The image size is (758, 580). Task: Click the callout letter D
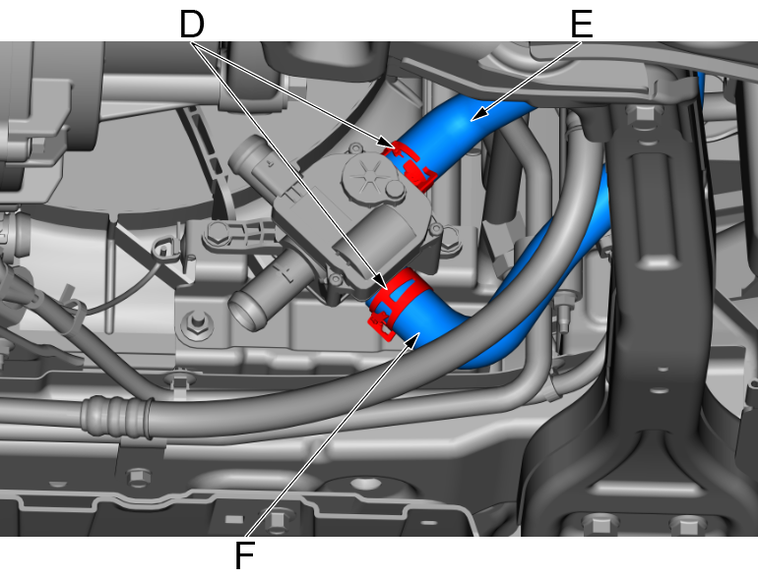tap(192, 25)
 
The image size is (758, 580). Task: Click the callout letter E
tap(582, 25)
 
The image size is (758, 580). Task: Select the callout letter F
tap(244, 555)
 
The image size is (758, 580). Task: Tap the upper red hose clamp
tap(411, 164)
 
